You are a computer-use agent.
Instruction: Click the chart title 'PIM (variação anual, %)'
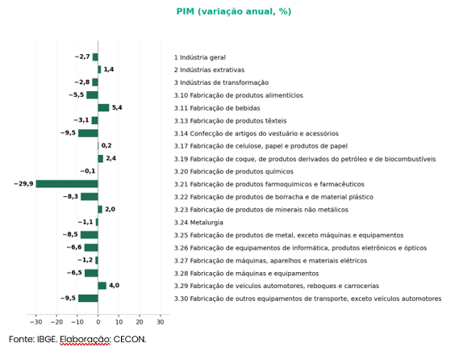pos(234,11)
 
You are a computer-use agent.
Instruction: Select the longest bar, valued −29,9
pos(67,184)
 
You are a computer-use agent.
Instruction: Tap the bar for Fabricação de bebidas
pos(103,108)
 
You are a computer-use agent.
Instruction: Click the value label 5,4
pos(117,107)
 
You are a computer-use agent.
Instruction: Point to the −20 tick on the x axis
pos(56,322)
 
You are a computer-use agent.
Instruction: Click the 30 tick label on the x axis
pos(160,322)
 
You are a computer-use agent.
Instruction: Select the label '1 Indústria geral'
pos(200,57)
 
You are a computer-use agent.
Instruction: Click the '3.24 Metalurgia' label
pos(198,223)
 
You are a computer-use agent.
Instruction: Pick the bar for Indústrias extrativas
pos(99,69)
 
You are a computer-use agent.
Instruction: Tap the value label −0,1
pos(88,171)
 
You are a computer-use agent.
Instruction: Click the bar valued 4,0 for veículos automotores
pos(102,286)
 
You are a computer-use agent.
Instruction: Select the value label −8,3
pos(70,196)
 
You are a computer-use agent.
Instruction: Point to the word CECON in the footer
pos(130,339)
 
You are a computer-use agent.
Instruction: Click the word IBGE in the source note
pos(47,339)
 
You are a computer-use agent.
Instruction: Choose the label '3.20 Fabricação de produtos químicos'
pos(234,172)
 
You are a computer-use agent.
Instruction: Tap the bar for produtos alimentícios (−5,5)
pos(92,95)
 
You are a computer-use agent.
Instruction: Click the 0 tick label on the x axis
pos(98,322)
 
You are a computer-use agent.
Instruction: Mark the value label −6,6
pos(74,247)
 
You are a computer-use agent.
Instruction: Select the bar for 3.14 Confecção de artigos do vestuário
pos(88,133)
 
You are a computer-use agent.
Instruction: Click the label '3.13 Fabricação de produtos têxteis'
pos(231,121)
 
